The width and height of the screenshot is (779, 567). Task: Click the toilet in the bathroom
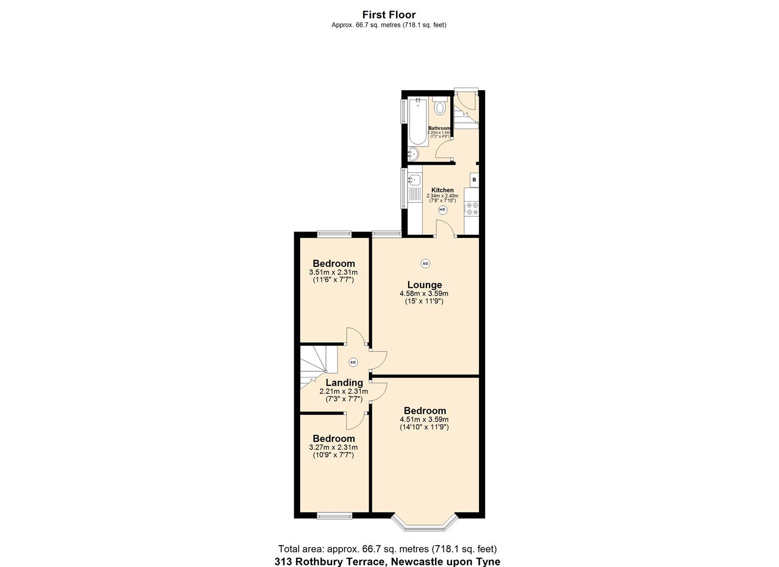[x=440, y=108]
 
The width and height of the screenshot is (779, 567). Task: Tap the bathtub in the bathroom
[x=418, y=121]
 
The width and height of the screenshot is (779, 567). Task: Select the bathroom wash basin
[x=413, y=154]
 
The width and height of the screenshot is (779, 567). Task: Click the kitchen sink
[x=415, y=180]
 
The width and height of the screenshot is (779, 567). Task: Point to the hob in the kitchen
[x=471, y=209]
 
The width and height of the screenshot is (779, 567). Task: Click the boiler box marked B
[x=474, y=180]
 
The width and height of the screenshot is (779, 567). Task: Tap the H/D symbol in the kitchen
[x=442, y=210]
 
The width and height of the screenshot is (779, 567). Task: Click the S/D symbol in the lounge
[x=425, y=264]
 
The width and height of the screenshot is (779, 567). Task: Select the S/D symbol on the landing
[x=353, y=362]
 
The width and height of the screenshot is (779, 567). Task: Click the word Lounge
[x=424, y=285]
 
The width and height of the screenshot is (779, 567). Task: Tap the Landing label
[x=344, y=383]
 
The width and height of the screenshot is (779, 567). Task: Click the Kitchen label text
[x=442, y=190]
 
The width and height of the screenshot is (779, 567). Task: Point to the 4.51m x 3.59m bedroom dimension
[x=424, y=419]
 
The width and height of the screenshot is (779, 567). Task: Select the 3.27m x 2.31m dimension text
[x=333, y=447]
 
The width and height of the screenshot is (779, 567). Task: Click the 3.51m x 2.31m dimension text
[x=333, y=272]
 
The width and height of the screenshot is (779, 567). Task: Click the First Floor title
[x=389, y=15]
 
